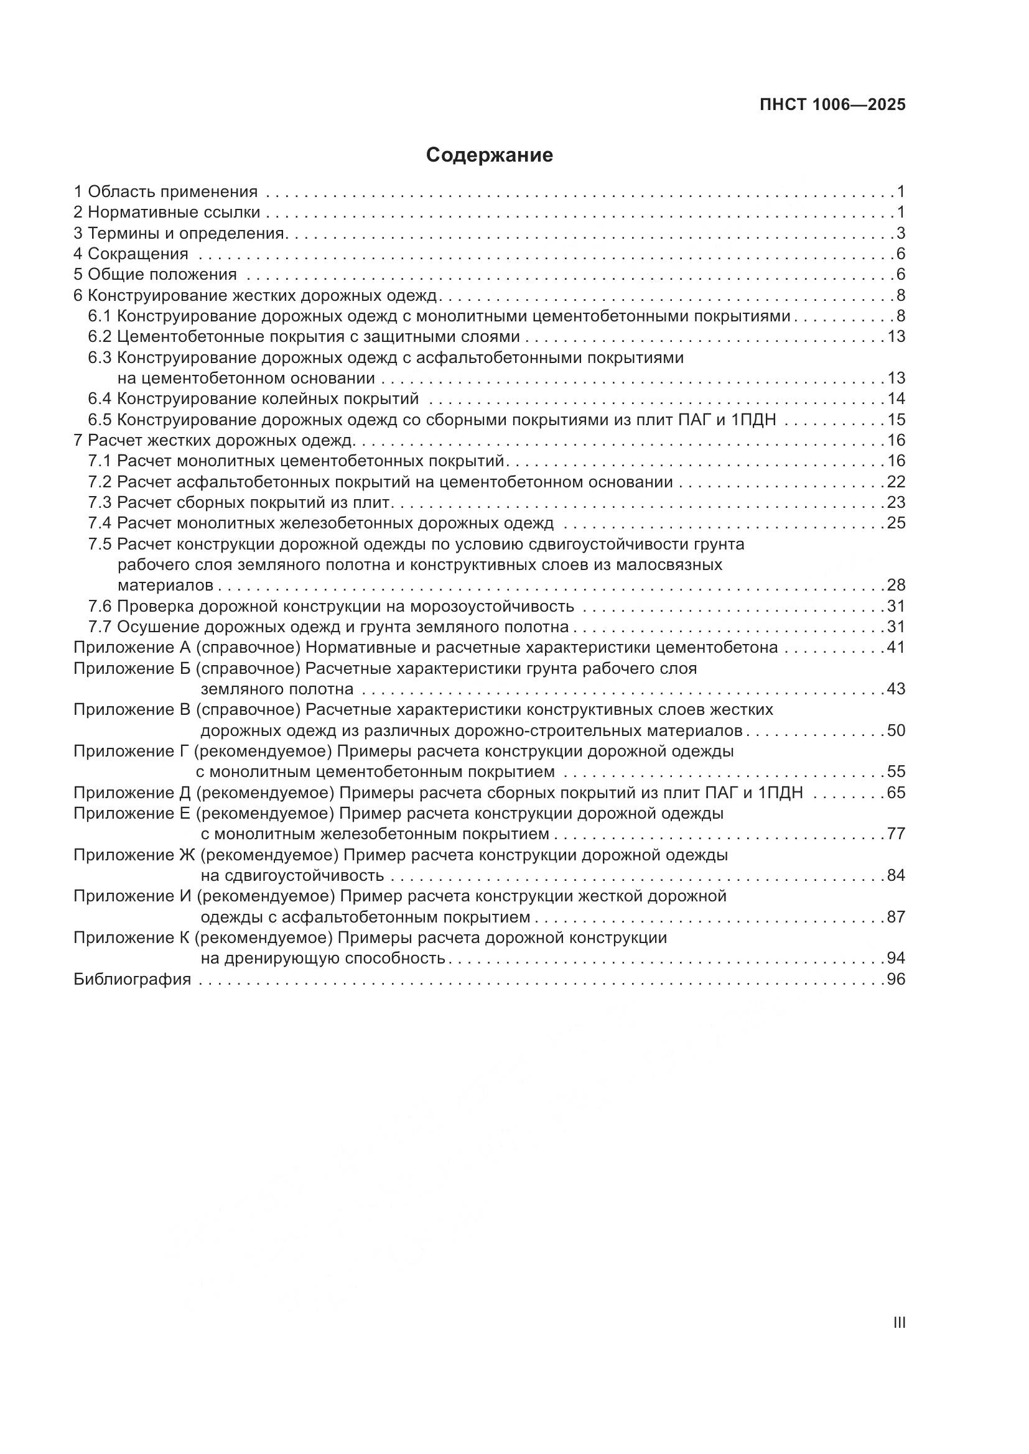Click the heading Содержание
[489, 155]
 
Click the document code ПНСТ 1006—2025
[832, 105]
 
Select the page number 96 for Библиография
[896, 980]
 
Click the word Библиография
[133, 980]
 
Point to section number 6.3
[100, 358]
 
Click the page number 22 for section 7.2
[896, 482]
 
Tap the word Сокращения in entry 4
[137, 254]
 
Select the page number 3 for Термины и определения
[900, 233]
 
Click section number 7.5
[100, 544]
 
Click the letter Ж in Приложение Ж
[184, 855]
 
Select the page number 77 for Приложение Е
[896, 834]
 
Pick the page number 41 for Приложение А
[896, 648]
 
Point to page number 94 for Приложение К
[896, 958]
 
